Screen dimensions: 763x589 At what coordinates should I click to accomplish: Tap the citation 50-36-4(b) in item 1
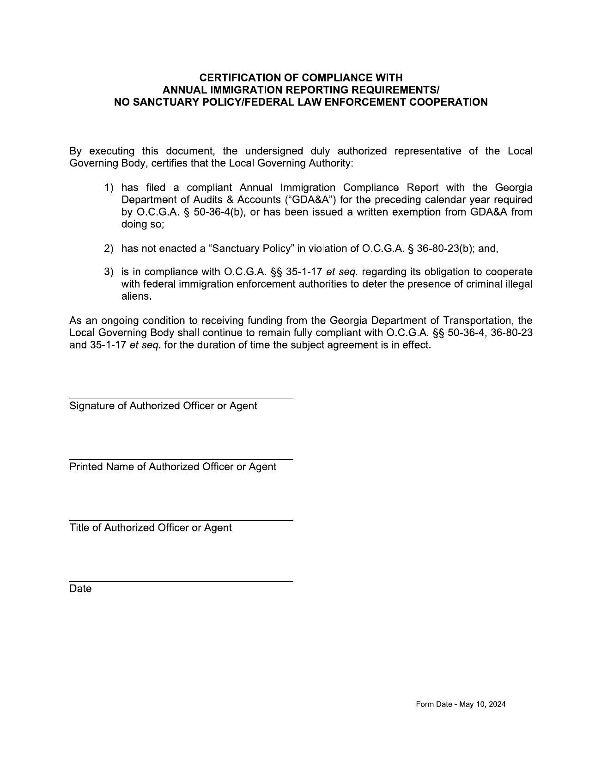[x=212, y=212]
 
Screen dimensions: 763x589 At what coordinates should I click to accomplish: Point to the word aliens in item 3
[x=136, y=296]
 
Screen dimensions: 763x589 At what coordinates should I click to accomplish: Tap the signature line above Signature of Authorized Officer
[x=181, y=399]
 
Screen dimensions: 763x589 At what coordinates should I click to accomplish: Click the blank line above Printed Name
[x=181, y=460]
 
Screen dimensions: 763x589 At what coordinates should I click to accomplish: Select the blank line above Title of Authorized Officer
[x=181, y=521]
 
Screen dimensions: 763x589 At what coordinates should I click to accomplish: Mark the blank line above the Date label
[x=181, y=582]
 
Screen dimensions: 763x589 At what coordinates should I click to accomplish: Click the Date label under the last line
[x=80, y=589]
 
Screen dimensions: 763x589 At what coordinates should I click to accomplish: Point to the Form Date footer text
[x=461, y=704]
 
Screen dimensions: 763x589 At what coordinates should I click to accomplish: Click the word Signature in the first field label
[x=91, y=406]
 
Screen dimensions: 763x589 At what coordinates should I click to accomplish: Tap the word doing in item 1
[x=133, y=224]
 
